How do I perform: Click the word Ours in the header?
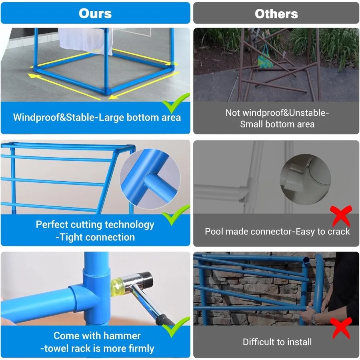pyautogui.click(x=95, y=13)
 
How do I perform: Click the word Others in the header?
pyautogui.click(x=276, y=14)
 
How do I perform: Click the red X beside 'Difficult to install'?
pyautogui.click(x=342, y=328)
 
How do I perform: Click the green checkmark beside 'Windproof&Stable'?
pyautogui.click(x=176, y=104)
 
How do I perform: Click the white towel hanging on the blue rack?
pyautogui.click(x=85, y=41)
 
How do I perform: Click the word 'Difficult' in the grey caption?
pyautogui.click(x=258, y=342)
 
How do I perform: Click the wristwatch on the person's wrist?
pyautogui.click(x=313, y=318)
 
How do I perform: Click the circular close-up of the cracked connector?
pyautogui.click(x=305, y=180)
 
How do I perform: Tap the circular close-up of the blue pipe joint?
pyautogui.click(x=150, y=179)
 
